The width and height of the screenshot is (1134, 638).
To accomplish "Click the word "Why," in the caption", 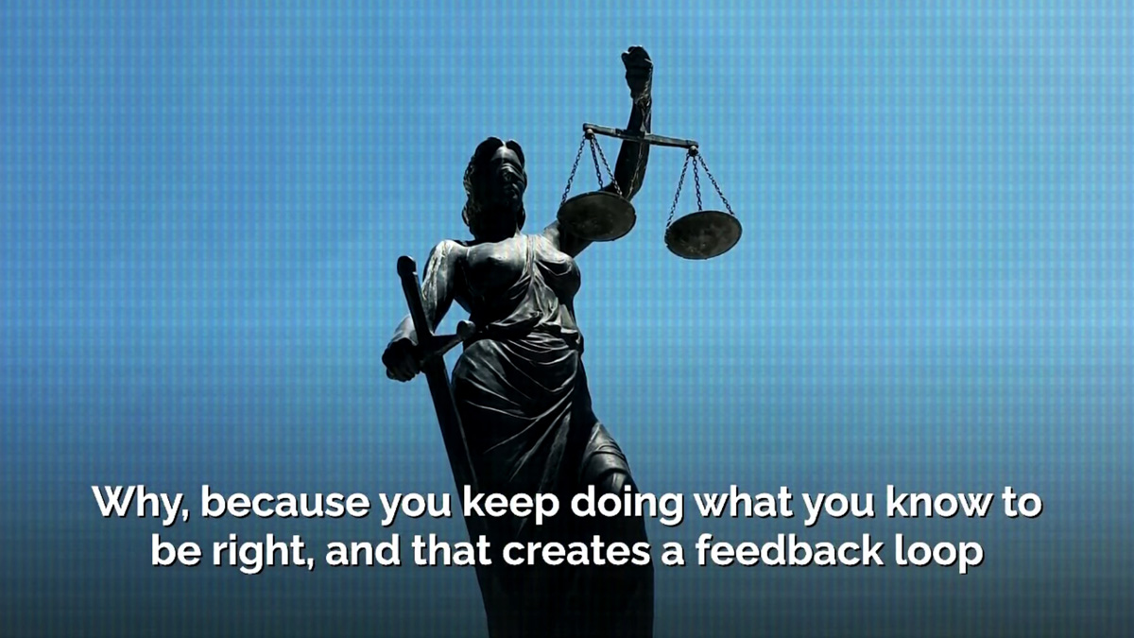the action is (x=141, y=503).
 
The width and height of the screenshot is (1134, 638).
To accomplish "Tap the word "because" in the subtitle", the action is (x=285, y=502).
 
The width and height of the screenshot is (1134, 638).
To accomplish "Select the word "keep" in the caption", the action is (x=511, y=504).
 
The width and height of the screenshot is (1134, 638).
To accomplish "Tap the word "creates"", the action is (x=576, y=552).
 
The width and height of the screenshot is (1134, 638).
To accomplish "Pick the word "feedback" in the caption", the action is (x=790, y=550).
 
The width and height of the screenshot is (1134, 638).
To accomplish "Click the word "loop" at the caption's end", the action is (x=939, y=552).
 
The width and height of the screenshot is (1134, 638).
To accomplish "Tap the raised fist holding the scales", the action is (x=637, y=69).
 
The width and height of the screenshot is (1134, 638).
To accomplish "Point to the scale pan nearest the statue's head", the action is (x=596, y=216).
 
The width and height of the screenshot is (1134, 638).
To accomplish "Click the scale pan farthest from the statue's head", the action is (x=703, y=235).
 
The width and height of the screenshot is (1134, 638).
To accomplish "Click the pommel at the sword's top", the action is (x=406, y=265).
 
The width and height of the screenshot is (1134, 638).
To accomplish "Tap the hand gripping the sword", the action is (x=402, y=359).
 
